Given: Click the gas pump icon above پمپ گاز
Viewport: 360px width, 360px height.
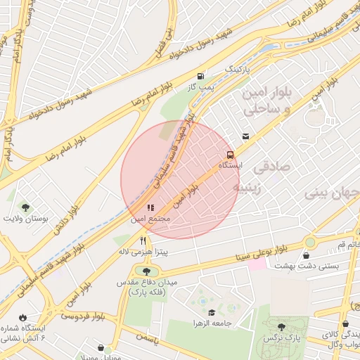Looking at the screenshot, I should point(202,76).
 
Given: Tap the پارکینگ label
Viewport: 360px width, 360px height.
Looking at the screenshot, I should point(237,70).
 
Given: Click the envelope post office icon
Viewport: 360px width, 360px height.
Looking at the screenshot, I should point(245,136).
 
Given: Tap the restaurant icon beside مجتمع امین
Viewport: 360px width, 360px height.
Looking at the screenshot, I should point(149,208).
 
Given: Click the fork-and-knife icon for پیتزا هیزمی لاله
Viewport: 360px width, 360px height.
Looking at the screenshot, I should point(143,240).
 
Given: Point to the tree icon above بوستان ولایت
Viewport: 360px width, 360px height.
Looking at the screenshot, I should point(26,207).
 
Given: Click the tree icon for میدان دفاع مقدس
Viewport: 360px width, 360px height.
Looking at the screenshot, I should point(146,271).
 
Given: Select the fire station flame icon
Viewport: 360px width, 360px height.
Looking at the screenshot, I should point(26,317).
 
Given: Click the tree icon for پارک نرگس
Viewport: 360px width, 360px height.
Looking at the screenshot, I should point(281,327).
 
